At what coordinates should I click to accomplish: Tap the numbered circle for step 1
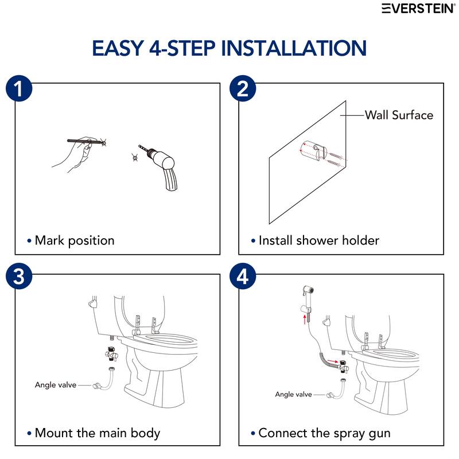(19, 90)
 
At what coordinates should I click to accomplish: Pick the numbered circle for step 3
(19, 277)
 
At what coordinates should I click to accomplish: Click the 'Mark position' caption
(74, 240)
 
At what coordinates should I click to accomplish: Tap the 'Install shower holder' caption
(318, 240)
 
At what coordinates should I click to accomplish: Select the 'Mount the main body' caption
(97, 433)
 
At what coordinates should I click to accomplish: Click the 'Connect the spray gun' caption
(324, 433)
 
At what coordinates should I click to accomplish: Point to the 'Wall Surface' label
(399, 115)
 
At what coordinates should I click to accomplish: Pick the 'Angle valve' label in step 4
(293, 394)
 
